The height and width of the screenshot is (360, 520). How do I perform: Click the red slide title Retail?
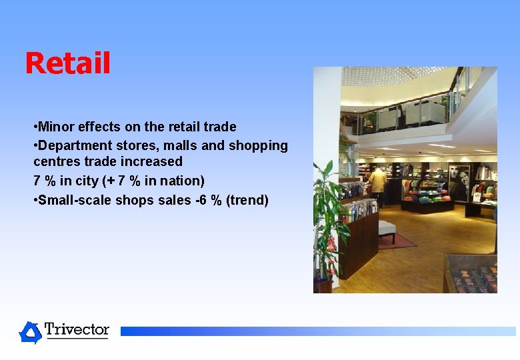tap(67, 64)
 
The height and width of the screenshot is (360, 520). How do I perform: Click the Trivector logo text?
tap(77, 330)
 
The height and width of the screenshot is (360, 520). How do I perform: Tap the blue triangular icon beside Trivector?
tap(30, 332)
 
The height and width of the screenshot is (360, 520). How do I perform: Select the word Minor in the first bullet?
tap(57, 127)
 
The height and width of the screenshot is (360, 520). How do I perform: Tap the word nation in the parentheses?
tap(180, 181)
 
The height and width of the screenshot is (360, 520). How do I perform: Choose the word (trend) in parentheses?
tap(247, 200)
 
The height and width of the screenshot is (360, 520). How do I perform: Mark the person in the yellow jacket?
tap(378, 183)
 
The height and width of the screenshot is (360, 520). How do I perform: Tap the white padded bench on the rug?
tap(387, 229)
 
